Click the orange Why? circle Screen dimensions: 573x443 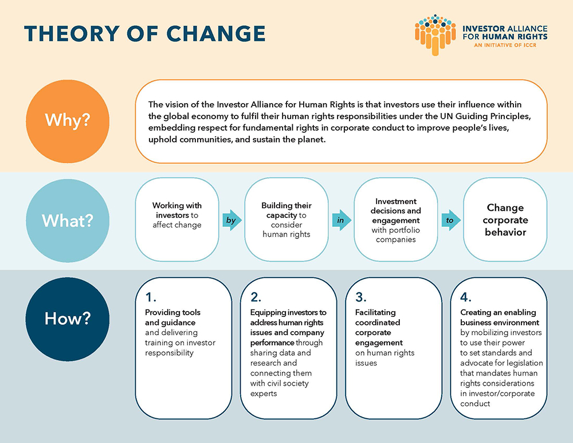coord(68,121)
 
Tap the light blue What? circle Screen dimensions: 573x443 coord(68,221)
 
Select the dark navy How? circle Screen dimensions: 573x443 coord(68,319)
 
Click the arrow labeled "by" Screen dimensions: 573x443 coord(232,220)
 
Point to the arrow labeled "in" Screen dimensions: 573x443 coord(342,220)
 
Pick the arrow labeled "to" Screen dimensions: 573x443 coord(451,220)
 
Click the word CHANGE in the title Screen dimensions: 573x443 coord(216,34)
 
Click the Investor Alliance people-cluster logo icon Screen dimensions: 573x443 coord(435,35)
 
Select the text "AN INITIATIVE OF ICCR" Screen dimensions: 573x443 coord(505,45)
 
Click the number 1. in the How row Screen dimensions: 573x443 coord(151,297)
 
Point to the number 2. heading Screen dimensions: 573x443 coord(256,297)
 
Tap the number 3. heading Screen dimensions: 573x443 coord(360,297)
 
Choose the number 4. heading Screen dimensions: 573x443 coord(466,297)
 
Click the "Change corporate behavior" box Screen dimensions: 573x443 coord(505,219)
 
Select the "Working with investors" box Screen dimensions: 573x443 coord(177,219)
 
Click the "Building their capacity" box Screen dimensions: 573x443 coord(286,219)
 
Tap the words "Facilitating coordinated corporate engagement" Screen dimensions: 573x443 coord(379,327)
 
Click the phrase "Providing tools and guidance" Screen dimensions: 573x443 coord(173,317)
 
